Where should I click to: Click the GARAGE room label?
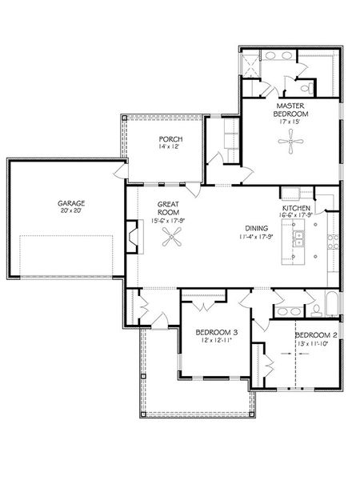click(x=71, y=203)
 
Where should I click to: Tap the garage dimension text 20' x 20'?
click(x=71, y=210)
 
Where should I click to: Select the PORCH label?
click(x=171, y=139)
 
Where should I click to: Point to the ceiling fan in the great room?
click(x=172, y=237)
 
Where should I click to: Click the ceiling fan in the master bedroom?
click(x=290, y=141)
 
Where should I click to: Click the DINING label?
click(x=257, y=228)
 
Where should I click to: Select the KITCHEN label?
click(x=296, y=208)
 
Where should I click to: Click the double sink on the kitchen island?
click(x=298, y=238)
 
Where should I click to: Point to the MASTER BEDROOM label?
click(x=290, y=110)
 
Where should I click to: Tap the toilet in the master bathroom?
click(x=307, y=89)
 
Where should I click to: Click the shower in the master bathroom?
click(x=250, y=66)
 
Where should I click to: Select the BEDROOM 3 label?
click(x=217, y=332)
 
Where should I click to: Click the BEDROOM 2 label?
click(x=316, y=335)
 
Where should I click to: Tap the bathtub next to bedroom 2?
click(x=332, y=304)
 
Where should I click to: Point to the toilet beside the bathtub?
click(x=316, y=310)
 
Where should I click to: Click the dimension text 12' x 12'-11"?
click(x=217, y=340)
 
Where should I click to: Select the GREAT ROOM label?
click(x=168, y=208)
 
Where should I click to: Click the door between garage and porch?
click(x=122, y=170)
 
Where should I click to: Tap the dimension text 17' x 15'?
click(x=290, y=122)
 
